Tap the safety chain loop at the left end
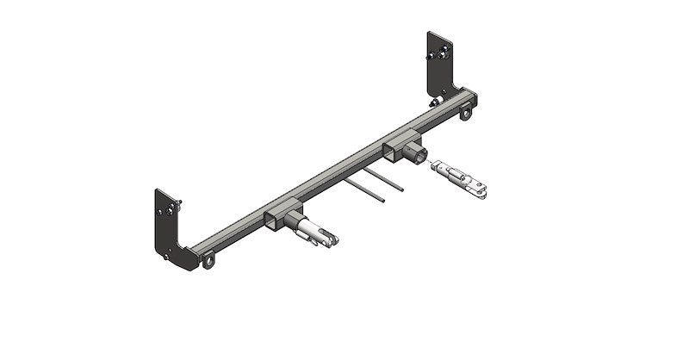[207, 258]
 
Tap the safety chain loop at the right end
[466, 112]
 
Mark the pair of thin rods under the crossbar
[375, 185]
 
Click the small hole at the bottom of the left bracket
[166, 253]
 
